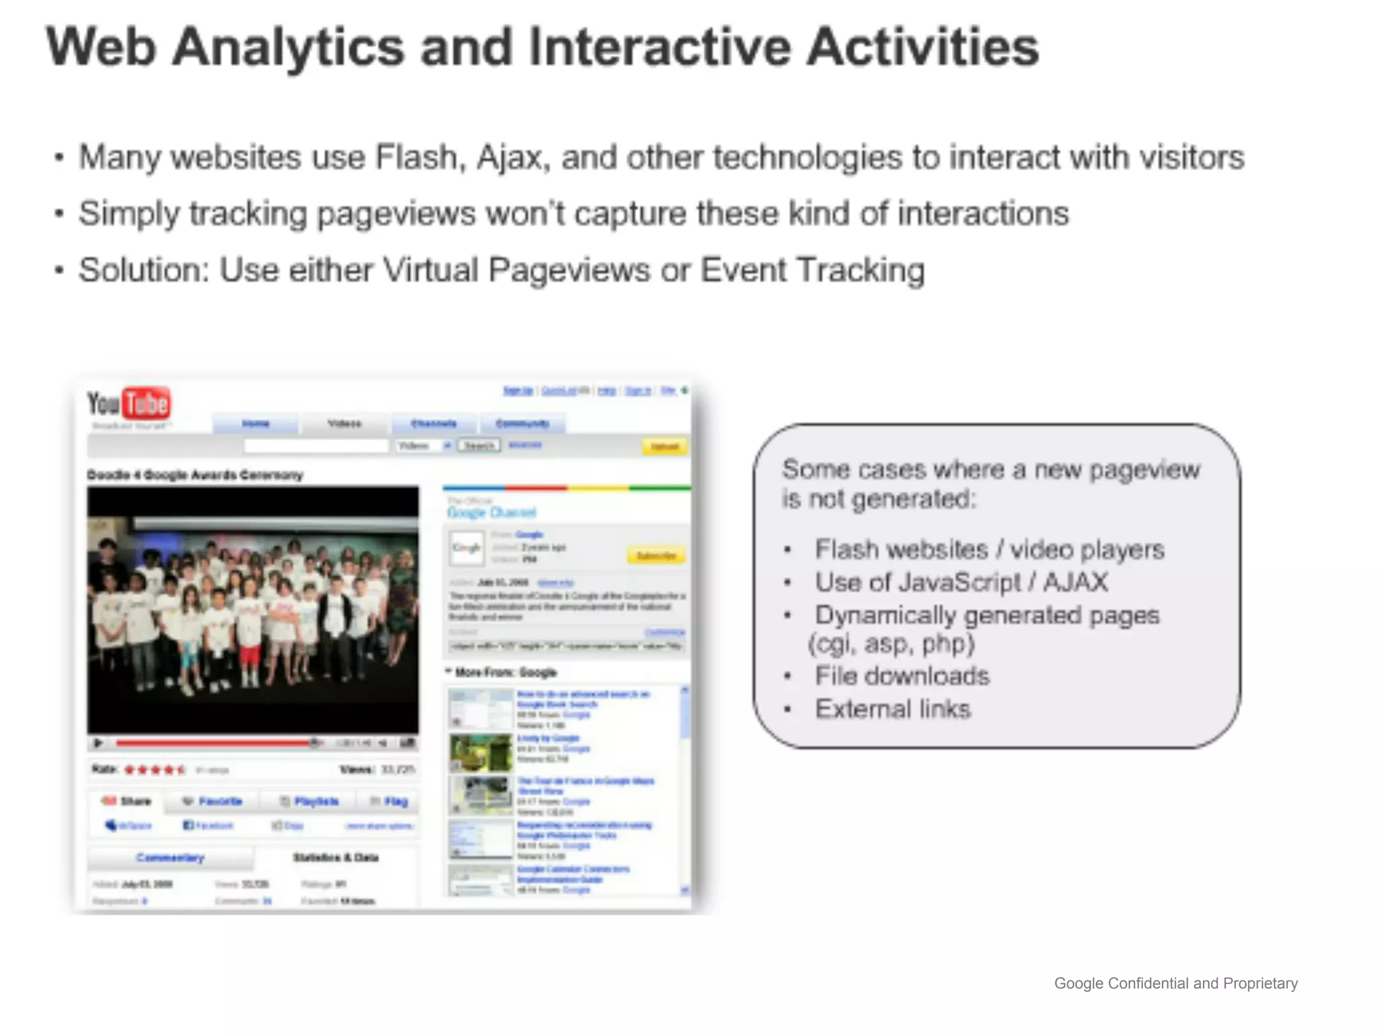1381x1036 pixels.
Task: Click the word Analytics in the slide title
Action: (x=287, y=47)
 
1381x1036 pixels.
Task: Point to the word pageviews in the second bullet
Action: (x=396, y=214)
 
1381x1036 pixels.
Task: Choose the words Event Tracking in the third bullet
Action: (x=812, y=270)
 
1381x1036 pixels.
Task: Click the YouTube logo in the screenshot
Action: (x=129, y=404)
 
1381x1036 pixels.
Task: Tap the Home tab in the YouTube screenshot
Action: (x=256, y=424)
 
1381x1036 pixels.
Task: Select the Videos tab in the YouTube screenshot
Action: (x=345, y=424)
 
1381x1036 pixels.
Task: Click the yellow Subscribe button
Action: (x=656, y=556)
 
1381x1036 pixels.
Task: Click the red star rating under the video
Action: (x=154, y=770)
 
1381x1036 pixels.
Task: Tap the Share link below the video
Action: (x=127, y=801)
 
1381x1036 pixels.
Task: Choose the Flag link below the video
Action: (x=390, y=801)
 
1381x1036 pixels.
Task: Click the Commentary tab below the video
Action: (x=170, y=858)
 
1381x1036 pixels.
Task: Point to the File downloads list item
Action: (x=902, y=676)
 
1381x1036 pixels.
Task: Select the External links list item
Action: (x=892, y=709)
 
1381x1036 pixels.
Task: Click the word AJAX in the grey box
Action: (x=1075, y=582)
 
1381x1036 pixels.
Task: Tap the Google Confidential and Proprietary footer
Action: (x=1175, y=983)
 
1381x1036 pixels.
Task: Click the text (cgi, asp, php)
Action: (x=891, y=644)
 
